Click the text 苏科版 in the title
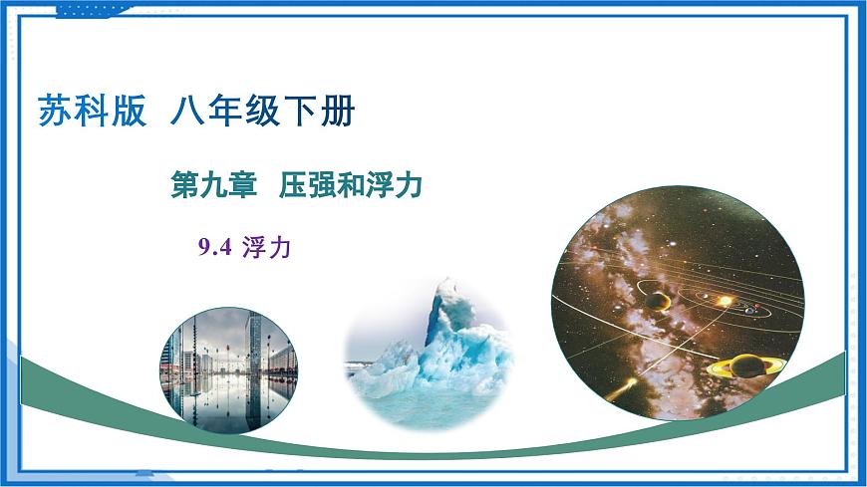click(91, 110)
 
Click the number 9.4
click(215, 248)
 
